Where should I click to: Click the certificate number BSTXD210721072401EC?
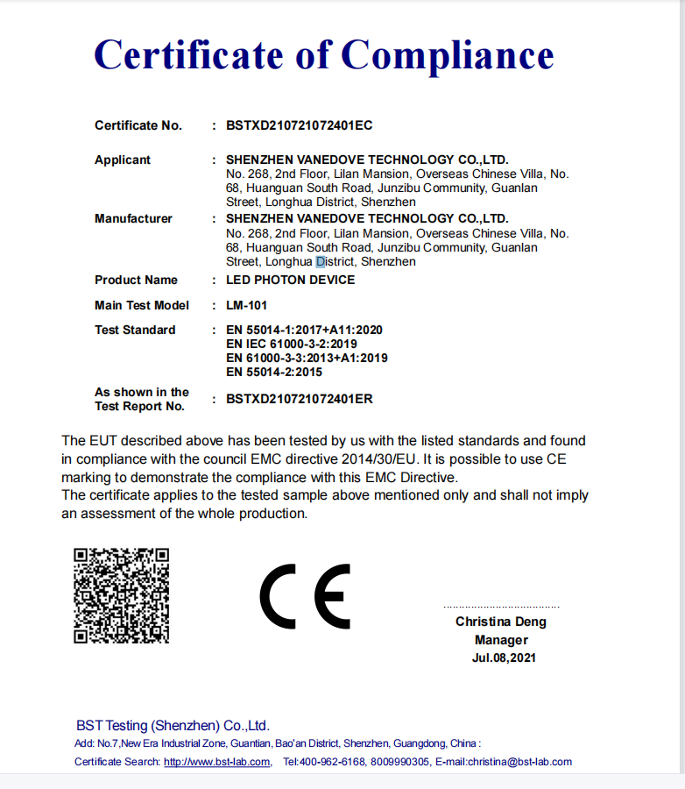pos(299,125)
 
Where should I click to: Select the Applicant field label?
pos(123,160)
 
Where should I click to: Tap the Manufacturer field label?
pos(133,218)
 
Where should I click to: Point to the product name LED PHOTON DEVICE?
pos(290,280)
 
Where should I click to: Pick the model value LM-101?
pos(246,305)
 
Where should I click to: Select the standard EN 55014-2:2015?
pos(274,372)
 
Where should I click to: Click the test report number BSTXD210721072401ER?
pos(299,399)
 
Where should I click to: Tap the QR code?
pos(121,595)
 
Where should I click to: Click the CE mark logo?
pos(305,596)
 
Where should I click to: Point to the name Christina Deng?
pos(500,622)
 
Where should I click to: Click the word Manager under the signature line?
pos(501,640)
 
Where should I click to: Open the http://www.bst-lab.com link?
pos(216,762)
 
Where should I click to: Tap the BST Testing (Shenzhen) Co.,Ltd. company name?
pos(173,726)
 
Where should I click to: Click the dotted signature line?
pos(501,607)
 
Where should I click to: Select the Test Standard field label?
pos(135,330)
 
